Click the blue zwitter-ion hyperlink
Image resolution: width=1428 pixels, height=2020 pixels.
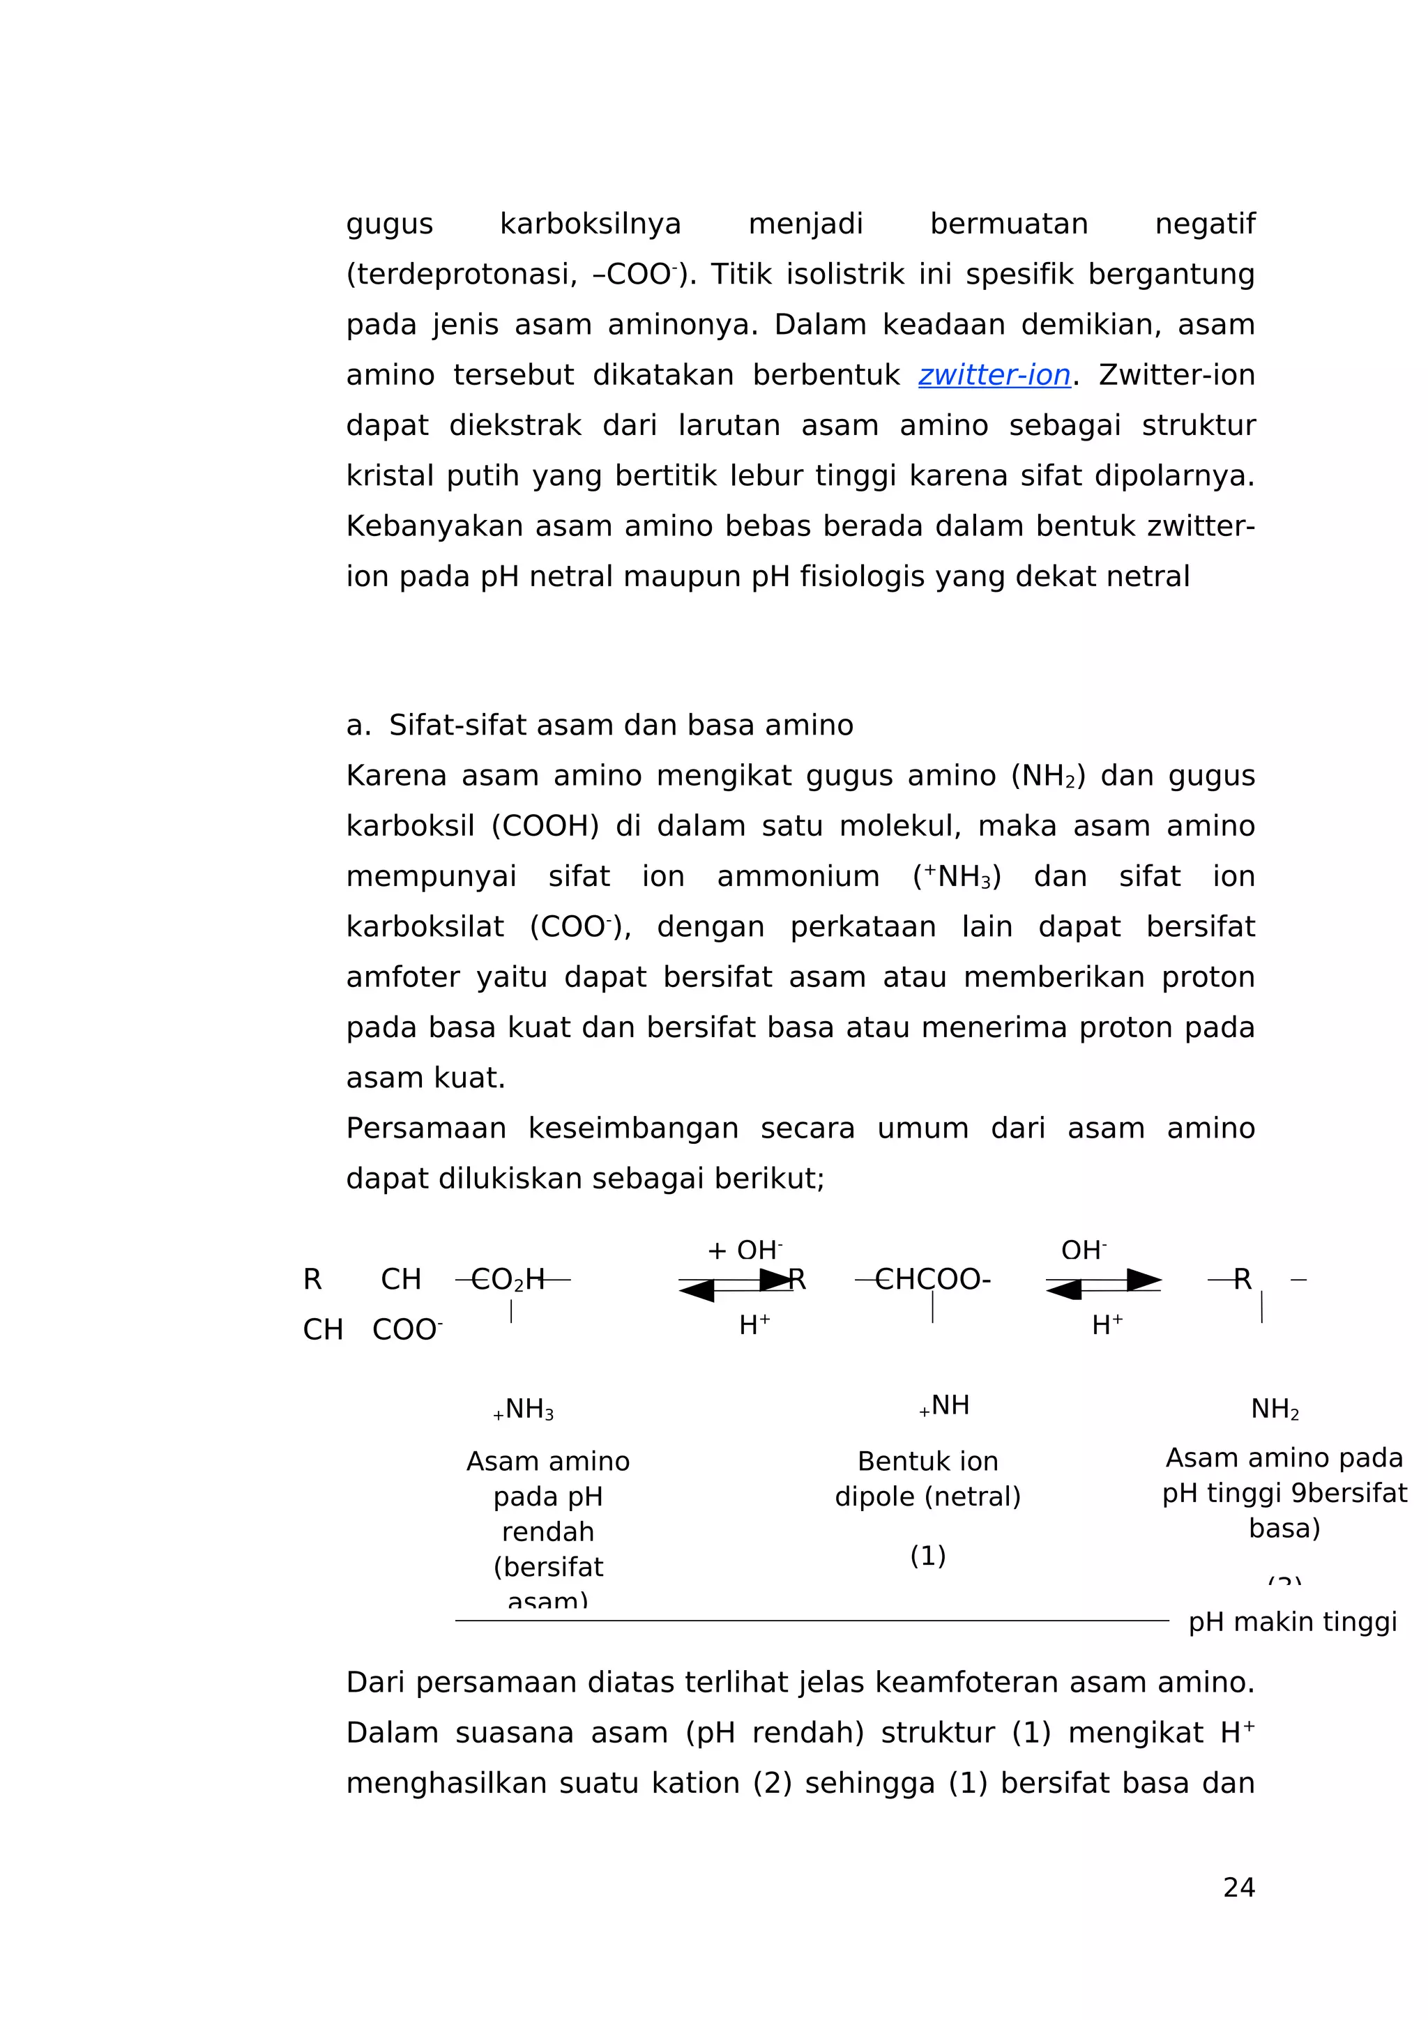[x=994, y=375]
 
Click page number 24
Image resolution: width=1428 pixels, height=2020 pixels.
[x=1238, y=1887]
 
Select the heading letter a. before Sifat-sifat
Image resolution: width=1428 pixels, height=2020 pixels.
[x=358, y=726]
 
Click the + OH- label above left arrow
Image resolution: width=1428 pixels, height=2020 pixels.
[x=745, y=1250]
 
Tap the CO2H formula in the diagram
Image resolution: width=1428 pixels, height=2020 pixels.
[x=508, y=1279]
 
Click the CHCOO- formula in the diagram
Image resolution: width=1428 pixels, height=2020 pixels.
[x=933, y=1279]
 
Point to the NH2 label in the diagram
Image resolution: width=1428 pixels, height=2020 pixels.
[x=1274, y=1409]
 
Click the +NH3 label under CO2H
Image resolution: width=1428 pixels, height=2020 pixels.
[x=524, y=1409]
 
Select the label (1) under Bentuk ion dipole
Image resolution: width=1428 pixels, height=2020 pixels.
[x=927, y=1556]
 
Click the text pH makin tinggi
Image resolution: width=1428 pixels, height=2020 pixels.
[x=1291, y=1621]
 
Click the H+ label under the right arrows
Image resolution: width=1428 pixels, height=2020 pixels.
[x=1107, y=1325]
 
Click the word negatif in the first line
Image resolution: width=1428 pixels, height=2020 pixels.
[x=1203, y=224]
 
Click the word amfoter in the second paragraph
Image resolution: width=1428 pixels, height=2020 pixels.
[x=401, y=977]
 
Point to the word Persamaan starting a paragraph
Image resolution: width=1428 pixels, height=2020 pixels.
[x=426, y=1128]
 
